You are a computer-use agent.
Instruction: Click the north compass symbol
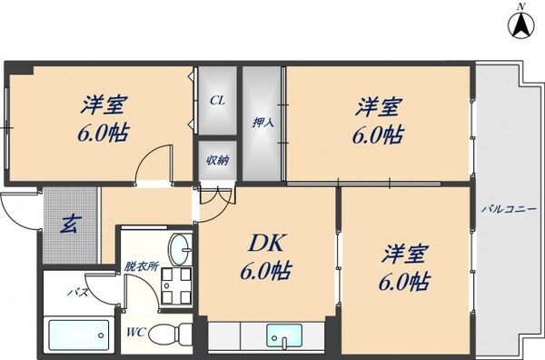coord(520,27)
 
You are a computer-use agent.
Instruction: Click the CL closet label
coord(217,101)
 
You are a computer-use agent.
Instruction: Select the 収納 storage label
coord(217,161)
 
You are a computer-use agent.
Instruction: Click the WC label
coord(136,331)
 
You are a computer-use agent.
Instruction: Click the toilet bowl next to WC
coord(168,334)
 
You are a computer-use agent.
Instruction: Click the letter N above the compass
coord(520,6)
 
